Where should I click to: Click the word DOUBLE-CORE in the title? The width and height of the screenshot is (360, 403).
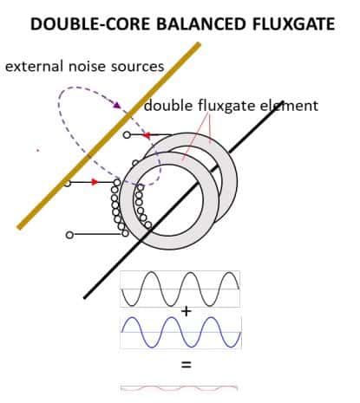90,23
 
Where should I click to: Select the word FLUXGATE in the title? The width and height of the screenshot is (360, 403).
293,23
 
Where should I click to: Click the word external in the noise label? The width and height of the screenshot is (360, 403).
34,66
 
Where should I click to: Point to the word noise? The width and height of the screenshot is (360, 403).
87,66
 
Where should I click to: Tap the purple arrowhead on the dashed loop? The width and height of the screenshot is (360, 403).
117,105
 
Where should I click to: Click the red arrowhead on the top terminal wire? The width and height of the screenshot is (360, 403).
147,135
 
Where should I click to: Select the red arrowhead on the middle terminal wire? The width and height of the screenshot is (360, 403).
95,182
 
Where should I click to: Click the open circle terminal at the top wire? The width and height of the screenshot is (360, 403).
127,134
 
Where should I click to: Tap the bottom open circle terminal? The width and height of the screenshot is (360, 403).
69,235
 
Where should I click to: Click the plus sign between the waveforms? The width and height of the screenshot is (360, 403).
187,311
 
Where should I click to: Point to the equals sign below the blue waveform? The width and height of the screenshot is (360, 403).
187,365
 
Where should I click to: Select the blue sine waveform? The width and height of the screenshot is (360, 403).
180,332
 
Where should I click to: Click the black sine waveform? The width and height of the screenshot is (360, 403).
180,289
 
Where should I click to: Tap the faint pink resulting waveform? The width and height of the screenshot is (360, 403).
179,388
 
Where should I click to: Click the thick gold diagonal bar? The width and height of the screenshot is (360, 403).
108,136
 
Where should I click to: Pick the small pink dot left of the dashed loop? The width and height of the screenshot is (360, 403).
37,150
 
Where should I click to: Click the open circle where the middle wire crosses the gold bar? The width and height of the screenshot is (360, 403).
67,183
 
